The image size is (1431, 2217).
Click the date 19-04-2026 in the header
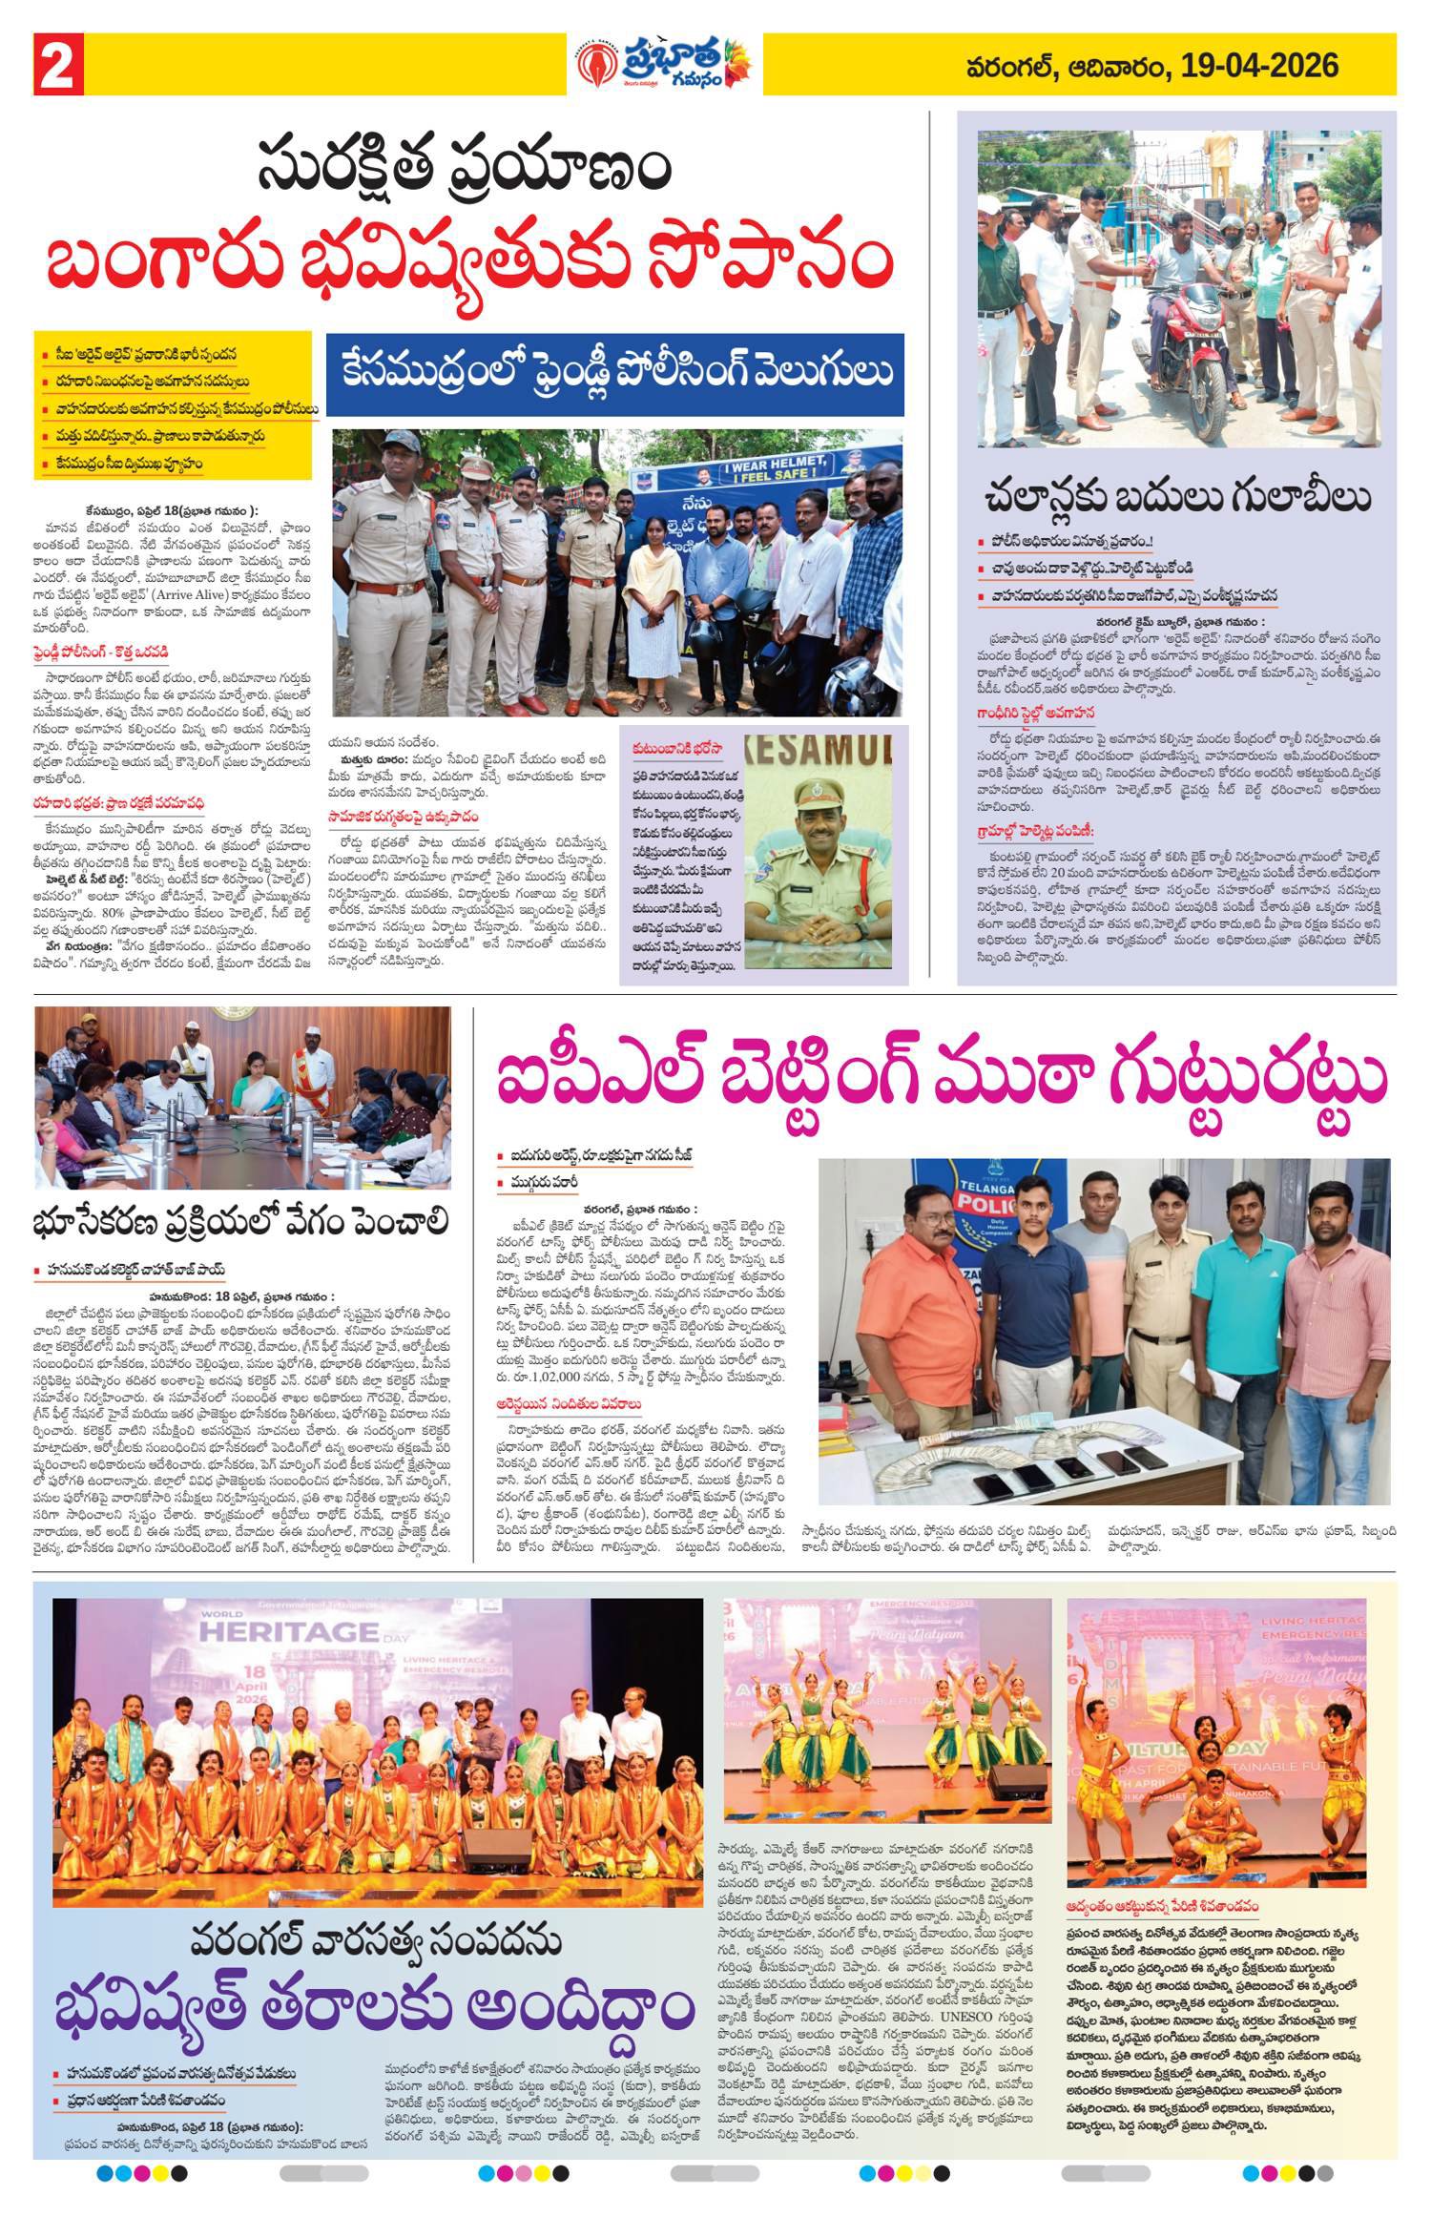tap(1258, 65)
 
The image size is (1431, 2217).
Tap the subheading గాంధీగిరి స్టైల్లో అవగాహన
tap(1041, 712)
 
